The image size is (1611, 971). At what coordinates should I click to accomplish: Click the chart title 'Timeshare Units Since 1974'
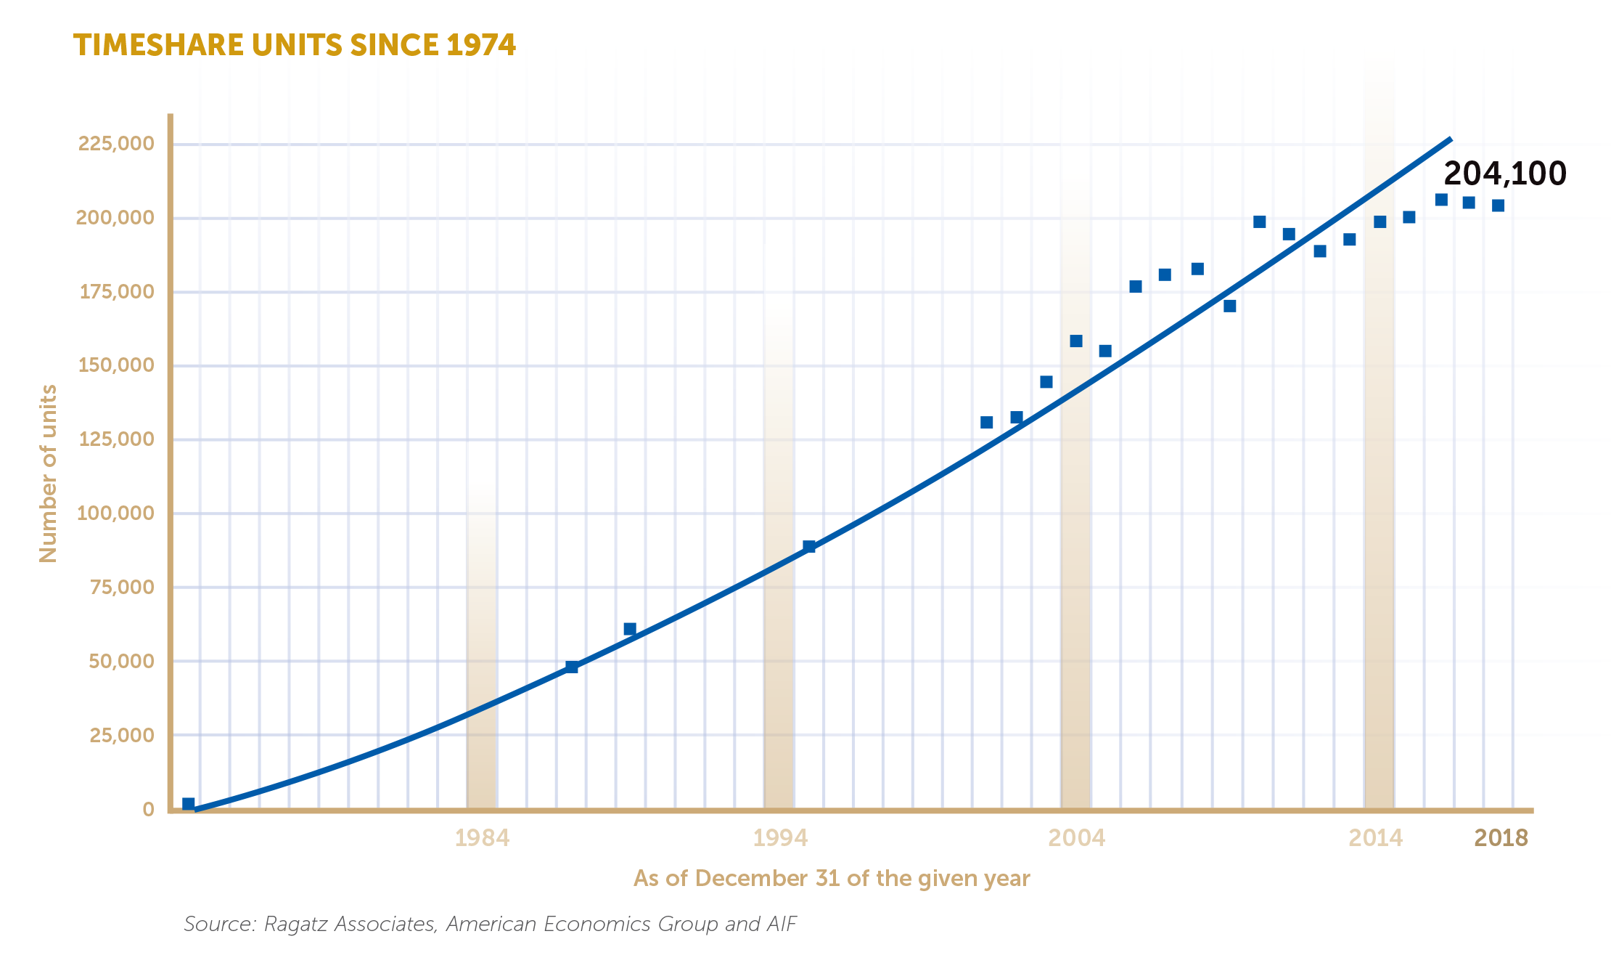pyautogui.click(x=295, y=45)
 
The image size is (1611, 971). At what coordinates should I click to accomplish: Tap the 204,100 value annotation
pyautogui.click(x=1505, y=174)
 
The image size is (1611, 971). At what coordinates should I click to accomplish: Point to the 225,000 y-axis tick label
pyautogui.click(x=116, y=143)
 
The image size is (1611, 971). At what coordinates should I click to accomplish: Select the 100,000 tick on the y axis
pyautogui.click(x=116, y=513)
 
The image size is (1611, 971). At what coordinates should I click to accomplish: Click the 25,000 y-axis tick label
pyautogui.click(x=122, y=735)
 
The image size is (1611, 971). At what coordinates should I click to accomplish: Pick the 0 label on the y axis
pyautogui.click(x=149, y=809)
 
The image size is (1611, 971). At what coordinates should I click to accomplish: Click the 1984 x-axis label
pyautogui.click(x=482, y=838)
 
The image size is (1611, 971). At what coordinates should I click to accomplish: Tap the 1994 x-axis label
pyautogui.click(x=780, y=838)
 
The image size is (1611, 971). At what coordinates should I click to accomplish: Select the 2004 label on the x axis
pyautogui.click(x=1076, y=838)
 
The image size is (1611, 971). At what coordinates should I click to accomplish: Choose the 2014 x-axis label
pyautogui.click(x=1375, y=838)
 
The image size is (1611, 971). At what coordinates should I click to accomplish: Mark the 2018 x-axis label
pyautogui.click(x=1501, y=838)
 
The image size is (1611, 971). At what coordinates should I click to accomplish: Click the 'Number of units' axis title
pyautogui.click(x=48, y=474)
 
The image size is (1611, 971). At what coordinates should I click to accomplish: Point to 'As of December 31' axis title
pyautogui.click(x=832, y=879)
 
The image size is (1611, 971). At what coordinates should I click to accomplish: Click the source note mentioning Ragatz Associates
pyautogui.click(x=490, y=924)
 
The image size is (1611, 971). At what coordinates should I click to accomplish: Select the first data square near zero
pyautogui.click(x=189, y=804)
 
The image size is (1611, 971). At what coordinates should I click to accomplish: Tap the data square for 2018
pyautogui.click(x=1498, y=206)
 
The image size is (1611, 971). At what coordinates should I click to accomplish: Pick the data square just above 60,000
pyautogui.click(x=630, y=629)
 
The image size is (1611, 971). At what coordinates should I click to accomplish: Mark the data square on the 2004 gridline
pyautogui.click(x=1076, y=341)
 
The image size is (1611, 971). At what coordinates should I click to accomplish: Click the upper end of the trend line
pyautogui.click(x=1449, y=139)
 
